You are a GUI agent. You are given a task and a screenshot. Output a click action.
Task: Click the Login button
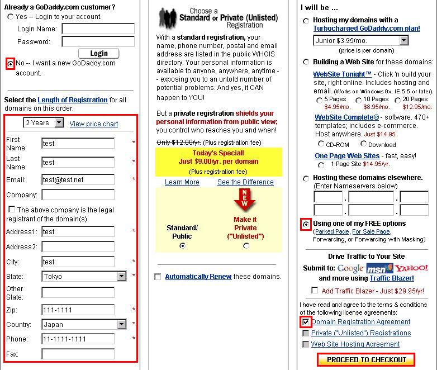click(98, 53)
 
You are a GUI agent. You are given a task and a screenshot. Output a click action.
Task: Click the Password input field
click(98, 41)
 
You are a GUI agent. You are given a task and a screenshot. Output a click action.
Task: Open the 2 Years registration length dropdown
click(44, 123)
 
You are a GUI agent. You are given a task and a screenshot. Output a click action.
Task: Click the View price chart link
click(94, 124)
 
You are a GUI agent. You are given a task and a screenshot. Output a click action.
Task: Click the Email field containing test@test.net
click(78, 180)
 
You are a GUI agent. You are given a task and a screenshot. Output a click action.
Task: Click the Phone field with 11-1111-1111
click(78, 339)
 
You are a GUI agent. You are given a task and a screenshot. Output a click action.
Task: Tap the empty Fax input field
click(78, 354)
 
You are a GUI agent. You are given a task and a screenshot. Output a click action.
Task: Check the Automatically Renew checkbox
click(158, 277)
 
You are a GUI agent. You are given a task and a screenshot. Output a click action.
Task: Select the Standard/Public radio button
click(182, 246)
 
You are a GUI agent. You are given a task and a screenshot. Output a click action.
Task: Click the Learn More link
click(182, 182)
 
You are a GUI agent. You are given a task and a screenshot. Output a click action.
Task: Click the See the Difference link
click(245, 182)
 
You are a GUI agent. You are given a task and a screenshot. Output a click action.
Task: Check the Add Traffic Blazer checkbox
click(315, 291)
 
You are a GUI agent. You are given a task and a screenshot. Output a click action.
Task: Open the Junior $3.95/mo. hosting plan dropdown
click(361, 41)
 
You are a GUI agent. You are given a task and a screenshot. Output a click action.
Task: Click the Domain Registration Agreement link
click(361, 322)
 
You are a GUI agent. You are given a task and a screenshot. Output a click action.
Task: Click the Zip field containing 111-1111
click(78, 310)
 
